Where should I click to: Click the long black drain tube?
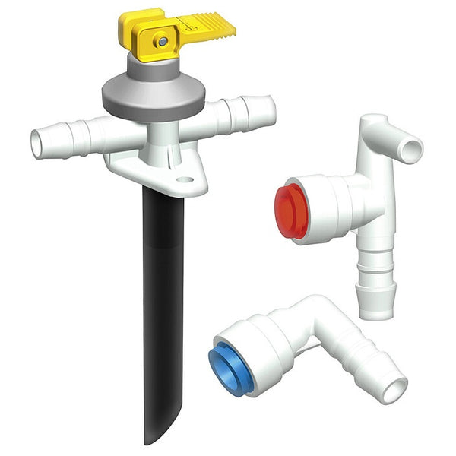[x=162, y=304]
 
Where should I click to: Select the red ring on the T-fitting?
[x=290, y=210]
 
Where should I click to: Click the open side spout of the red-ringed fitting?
[x=411, y=149]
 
